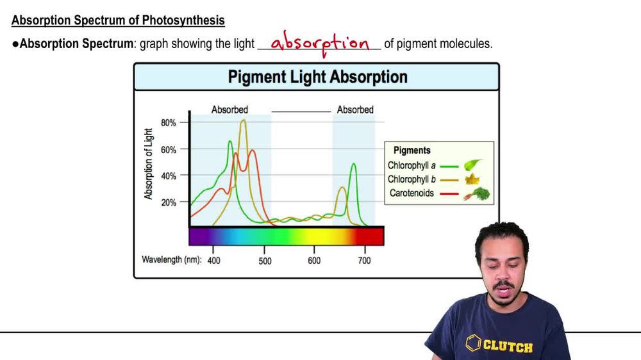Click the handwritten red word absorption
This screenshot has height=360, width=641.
click(x=320, y=44)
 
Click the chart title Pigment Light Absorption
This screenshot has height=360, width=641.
click(x=317, y=78)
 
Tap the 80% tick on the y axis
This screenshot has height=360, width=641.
click(x=168, y=122)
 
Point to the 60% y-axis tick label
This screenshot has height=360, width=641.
click(x=168, y=149)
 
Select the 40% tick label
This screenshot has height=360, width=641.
click(x=168, y=176)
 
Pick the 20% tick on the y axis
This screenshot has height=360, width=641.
click(x=168, y=202)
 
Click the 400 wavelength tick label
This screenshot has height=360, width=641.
click(x=213, y=261)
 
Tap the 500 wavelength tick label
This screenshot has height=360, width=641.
click(x=265, y=261)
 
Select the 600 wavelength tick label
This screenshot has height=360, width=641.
click(x=314, y=261)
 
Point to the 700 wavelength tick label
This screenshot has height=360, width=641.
click(x=364, y=261)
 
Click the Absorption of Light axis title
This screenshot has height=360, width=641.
click(x=149, y=163)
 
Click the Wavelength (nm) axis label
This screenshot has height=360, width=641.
click(x=171, y=260)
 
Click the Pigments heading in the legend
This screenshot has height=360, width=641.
click(x=412, y=151)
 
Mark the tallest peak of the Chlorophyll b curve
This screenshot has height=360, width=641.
click(x=243, y=120)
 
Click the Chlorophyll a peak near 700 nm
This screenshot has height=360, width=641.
click(x=353, y=164)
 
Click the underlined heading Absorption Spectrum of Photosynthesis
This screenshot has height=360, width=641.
click(x=118, y=20)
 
